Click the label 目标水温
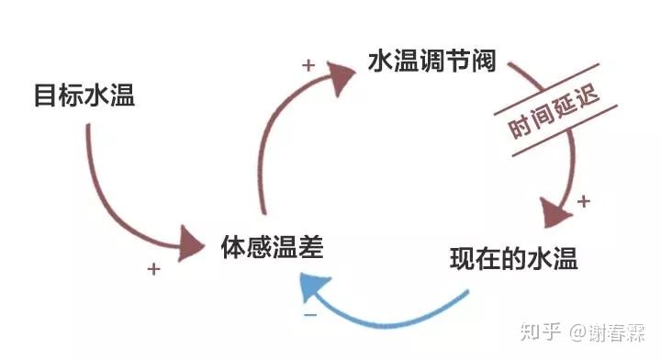(84, 95)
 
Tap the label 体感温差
(272, 245)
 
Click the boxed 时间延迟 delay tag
(550, 107)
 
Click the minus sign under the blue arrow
(310, 315)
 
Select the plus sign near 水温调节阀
(308, 65)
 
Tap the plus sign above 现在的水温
(584, 201)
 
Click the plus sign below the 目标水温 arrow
(154, 269)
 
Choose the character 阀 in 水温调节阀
(483, 62)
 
